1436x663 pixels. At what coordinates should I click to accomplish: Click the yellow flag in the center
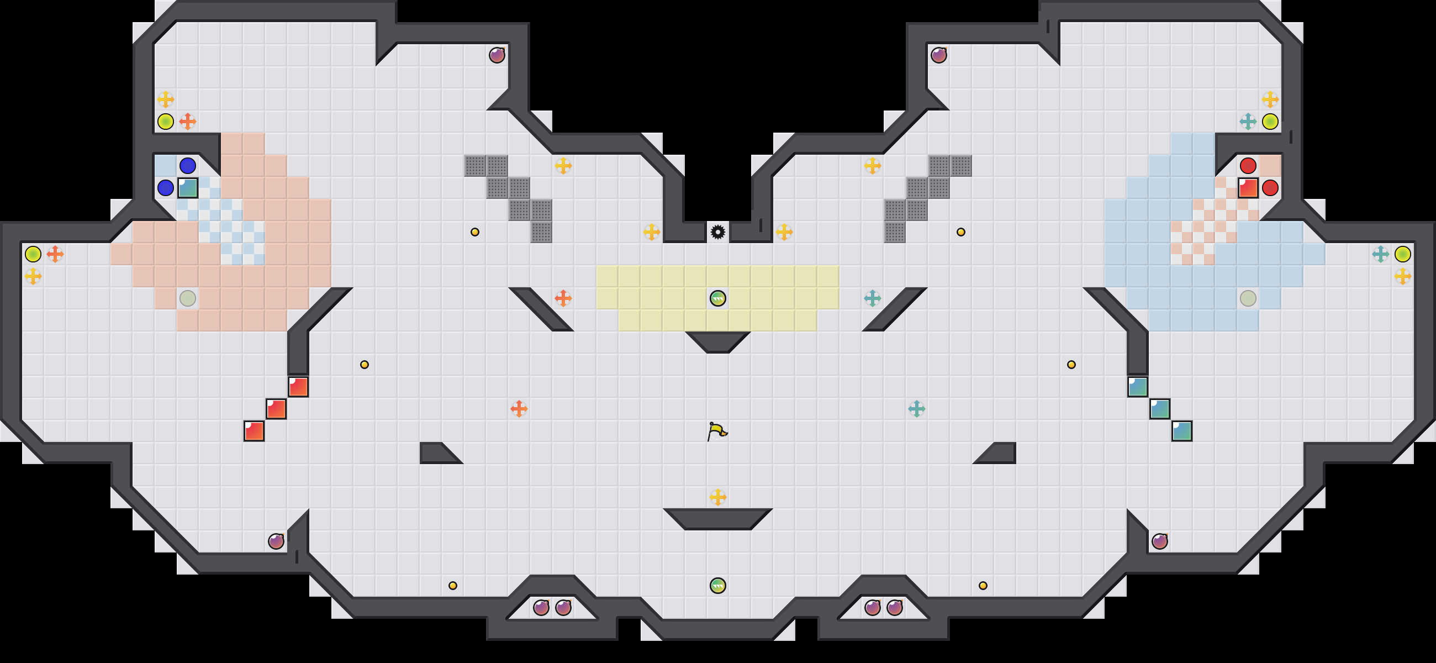click(x=717, y=431)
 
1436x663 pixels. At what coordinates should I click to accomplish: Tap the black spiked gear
click(x=718, y=231)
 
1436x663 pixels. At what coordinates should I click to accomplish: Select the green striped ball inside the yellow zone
click(x=718, y=298)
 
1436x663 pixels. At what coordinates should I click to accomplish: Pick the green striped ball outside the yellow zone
click(x=718, y=586)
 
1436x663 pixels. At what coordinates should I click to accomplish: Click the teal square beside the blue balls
click(x=188, y=188)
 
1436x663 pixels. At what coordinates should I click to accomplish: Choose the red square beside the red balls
click(x=1248, y=188)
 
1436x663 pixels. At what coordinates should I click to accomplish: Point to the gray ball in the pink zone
click(x=188, y=298)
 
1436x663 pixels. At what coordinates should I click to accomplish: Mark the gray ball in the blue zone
click(x=1248, y=298)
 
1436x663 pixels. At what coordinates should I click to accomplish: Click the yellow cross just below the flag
click(x=718, y=497)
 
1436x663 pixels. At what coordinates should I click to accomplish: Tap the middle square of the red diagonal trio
click(x=276, y=409)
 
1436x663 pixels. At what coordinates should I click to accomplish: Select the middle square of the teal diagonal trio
click(x=1160, y=409)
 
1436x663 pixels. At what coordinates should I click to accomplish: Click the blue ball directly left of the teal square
click(x=166, y=188)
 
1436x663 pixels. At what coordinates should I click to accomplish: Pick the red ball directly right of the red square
click(x=1270, y=188)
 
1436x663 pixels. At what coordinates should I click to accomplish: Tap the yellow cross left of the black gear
click(x=652, y=231)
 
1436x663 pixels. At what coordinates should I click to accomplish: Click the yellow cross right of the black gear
click(x=784, y=231)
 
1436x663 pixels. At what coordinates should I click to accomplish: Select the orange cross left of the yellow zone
click(x=563, y=298)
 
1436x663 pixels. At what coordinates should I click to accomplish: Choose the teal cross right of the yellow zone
click(x=873, y=298)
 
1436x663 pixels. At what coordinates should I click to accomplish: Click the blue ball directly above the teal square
click(x=188, y=166)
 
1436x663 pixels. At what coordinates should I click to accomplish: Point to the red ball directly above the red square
click(x=1248, y=166)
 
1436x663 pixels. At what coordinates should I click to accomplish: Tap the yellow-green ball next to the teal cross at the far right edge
click(x=1402, y=254)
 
